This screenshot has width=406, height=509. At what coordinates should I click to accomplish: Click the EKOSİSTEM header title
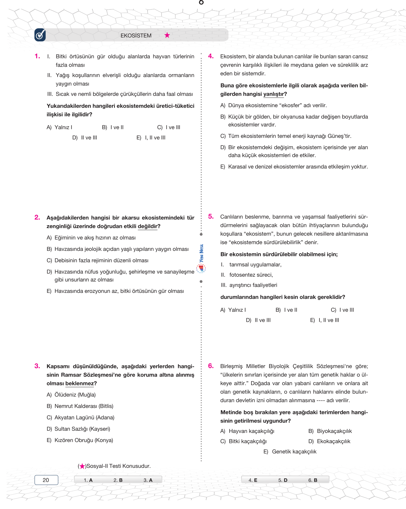pos(136,36)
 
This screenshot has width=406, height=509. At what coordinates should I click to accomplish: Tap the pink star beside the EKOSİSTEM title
pos(167,35)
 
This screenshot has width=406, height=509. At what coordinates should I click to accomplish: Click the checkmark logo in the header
pos(40,35)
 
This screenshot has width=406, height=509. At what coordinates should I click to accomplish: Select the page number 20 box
pos(46,480)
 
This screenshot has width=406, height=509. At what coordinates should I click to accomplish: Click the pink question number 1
pos(37,56)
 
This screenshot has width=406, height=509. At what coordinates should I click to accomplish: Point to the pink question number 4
pos(211,56)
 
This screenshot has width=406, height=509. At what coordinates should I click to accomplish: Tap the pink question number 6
pos(211,366)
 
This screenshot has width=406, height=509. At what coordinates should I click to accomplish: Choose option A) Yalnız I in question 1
pos(59,127)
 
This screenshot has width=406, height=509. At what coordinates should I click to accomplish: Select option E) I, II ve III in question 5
pos(325,320)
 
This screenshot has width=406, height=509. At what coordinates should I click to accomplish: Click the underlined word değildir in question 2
pos(148,226)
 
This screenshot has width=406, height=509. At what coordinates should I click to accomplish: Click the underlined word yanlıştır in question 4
pos(274,94)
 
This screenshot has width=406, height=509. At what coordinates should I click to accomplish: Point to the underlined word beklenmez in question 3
pos(80,383)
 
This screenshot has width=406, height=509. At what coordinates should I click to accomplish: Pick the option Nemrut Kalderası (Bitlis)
pos(80,406)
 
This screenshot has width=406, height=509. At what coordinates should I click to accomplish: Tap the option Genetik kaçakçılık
pos(290,451)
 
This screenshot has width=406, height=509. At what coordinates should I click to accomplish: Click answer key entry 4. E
pos(253,480)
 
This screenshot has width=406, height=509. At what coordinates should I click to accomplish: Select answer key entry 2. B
pos(118,480)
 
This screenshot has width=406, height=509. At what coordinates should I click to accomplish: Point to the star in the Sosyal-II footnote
pos(82,466)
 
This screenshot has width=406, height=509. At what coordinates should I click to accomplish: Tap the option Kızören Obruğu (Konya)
pos(80,440)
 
